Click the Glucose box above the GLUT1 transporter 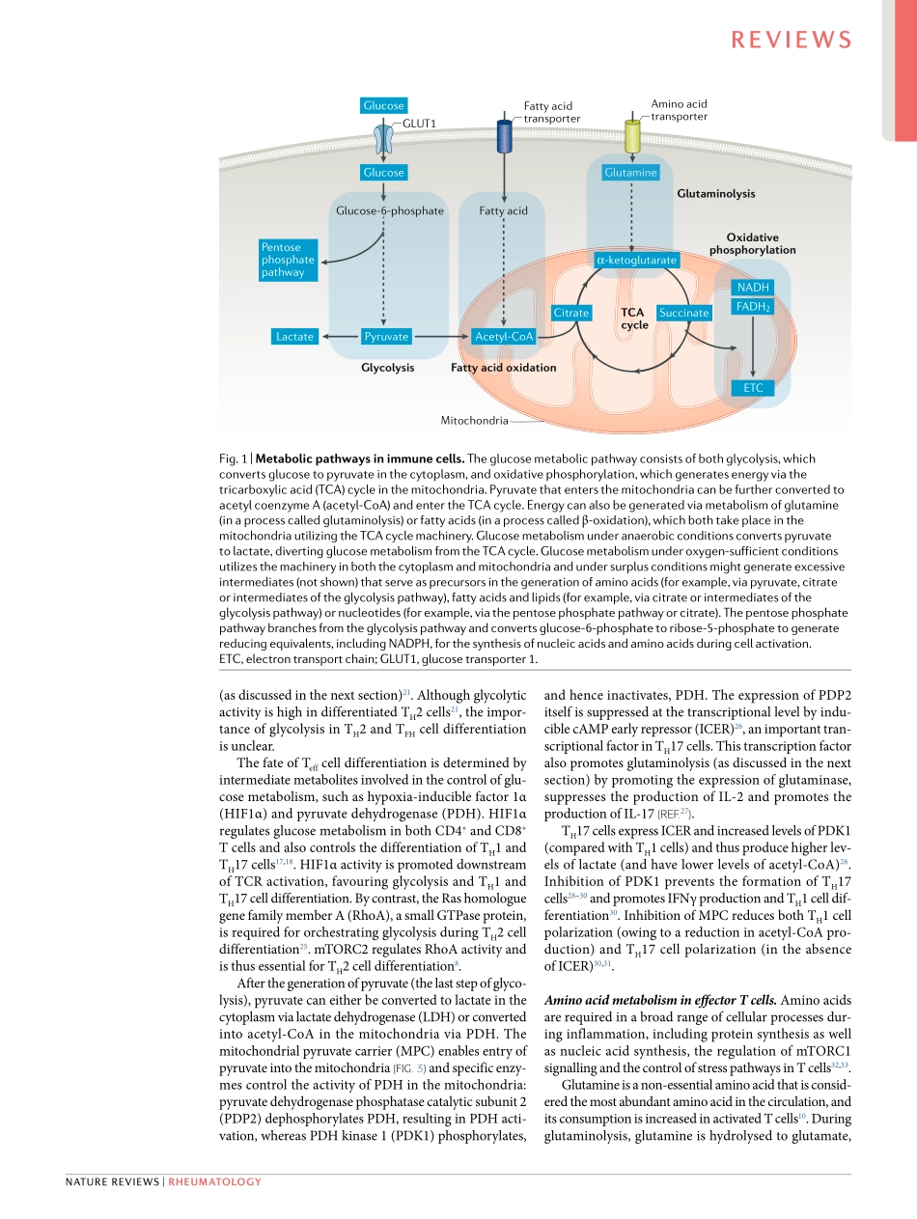[383, 105]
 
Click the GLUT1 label [419, 124]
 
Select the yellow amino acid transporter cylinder [632, 136]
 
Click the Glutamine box [630, 172]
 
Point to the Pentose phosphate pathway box [288, 260]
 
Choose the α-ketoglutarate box [637, 260]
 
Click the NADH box [753, 288]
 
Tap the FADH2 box [753, 307]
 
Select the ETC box [753, 388]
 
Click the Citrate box [571, 313]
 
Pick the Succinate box [683, 313]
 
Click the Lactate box [294, 336]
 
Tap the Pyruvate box [385, 336]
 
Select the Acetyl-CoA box [505, 336]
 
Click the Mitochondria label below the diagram [474, 421]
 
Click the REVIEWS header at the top [792, 40]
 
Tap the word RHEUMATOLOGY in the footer [215, 1181]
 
